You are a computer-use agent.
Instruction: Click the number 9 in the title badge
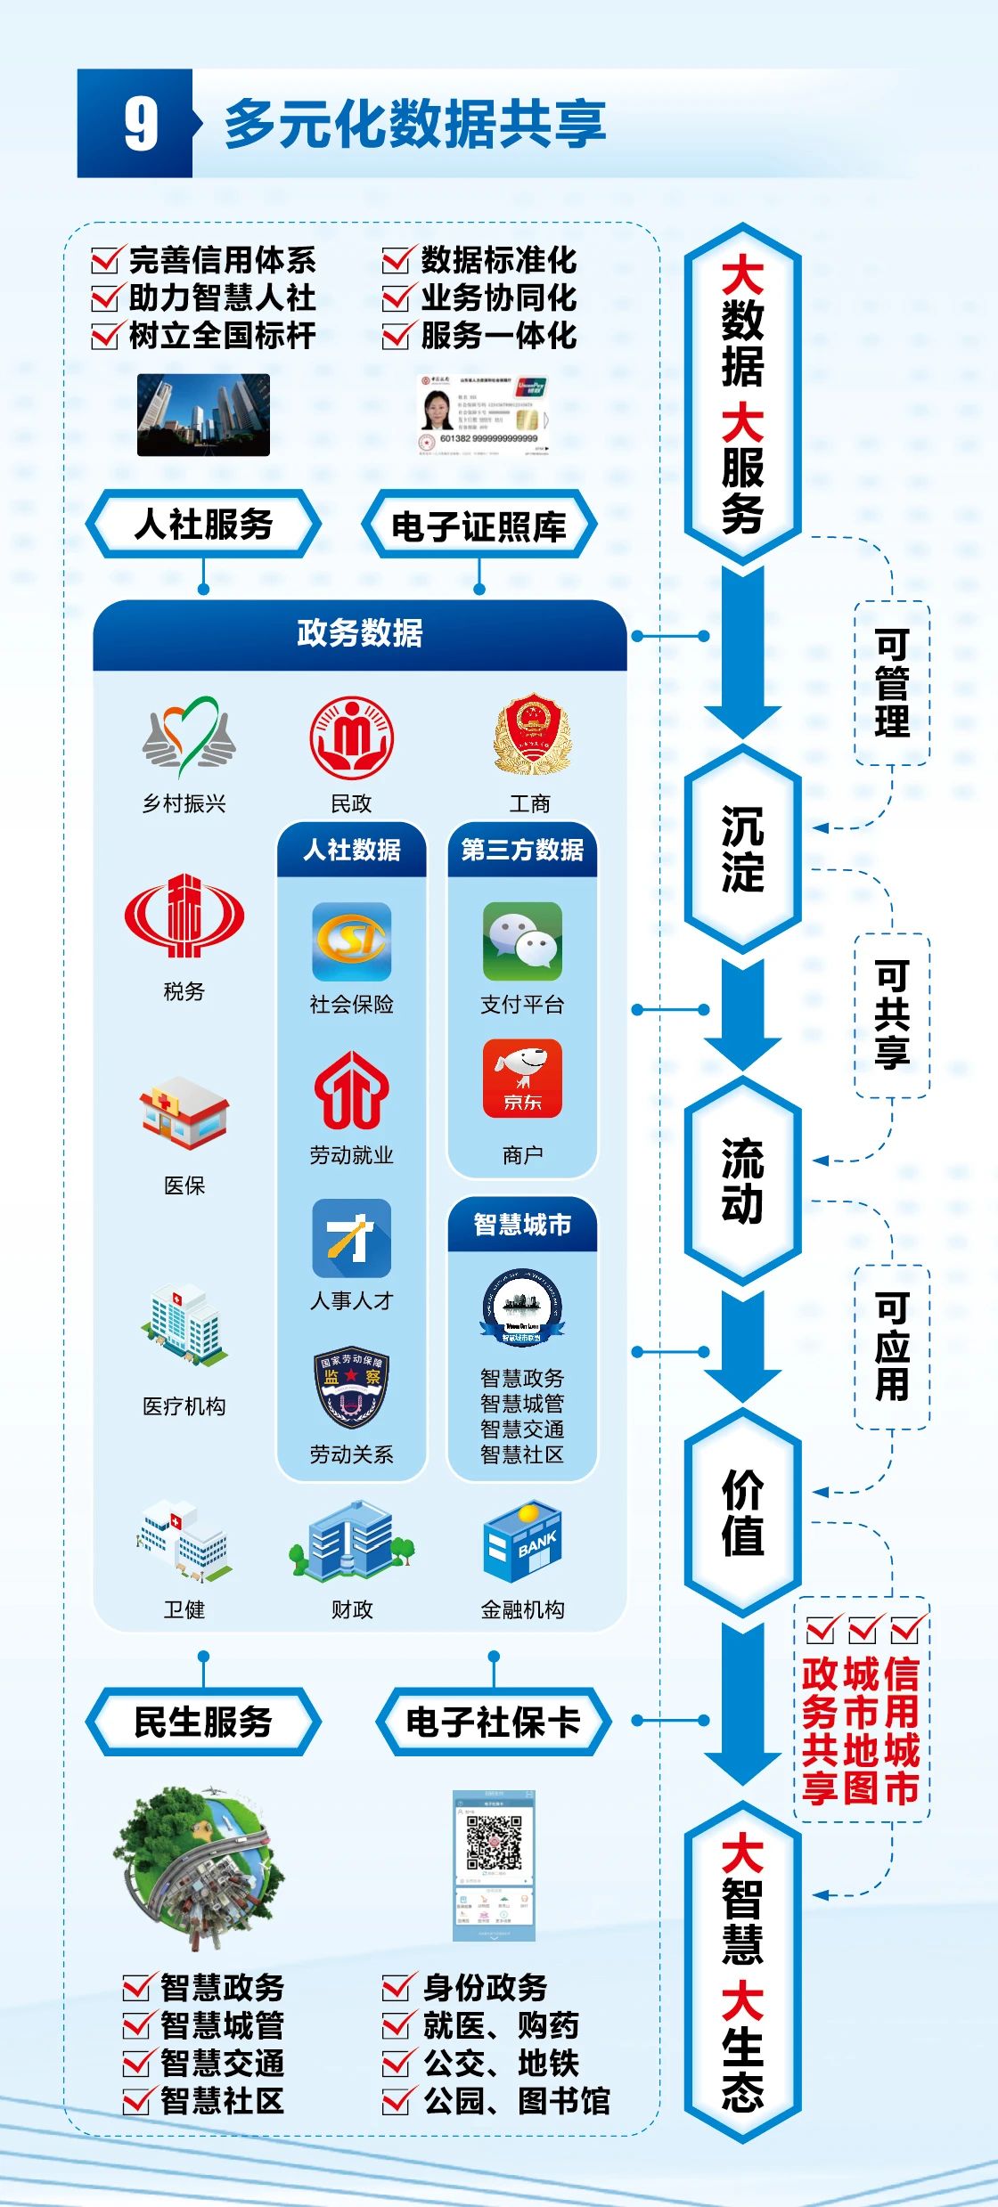pyautogui.click(x=141, y=124)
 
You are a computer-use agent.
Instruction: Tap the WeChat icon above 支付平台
pyautogui.click(x=522, y=941)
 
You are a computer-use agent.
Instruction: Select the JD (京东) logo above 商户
pyautogui.click(x=522, y=1078)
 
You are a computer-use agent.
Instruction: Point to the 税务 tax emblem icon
pyautogui.click(x=184, y=916)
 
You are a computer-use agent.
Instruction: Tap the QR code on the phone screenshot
pyautogui.click(x=494, y=1843)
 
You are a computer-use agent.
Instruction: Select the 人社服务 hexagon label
pyautogui.click(x=203, y=524)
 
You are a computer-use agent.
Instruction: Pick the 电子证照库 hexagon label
pyautogui.click(x=479, y=525)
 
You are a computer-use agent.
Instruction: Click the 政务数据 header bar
pyautogui.click(x=360, y=633)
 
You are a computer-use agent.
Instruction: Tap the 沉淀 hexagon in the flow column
pyautogui.click(x=742, y=849)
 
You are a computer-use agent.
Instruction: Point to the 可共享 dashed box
pyautogui.click(x=892, y=1015)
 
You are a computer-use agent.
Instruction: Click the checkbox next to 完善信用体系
pyautogui.click(x=105, y=260)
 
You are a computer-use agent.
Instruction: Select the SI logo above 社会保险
pyautogui.click(x=351, y=941)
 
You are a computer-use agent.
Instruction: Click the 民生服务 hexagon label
pyautogui.click(x=203, y=1722)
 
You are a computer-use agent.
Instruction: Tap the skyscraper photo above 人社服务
pyautogui.click(x=203, y=414)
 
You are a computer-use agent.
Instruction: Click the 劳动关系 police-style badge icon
pyautogui.click(x=351, y=1387)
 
